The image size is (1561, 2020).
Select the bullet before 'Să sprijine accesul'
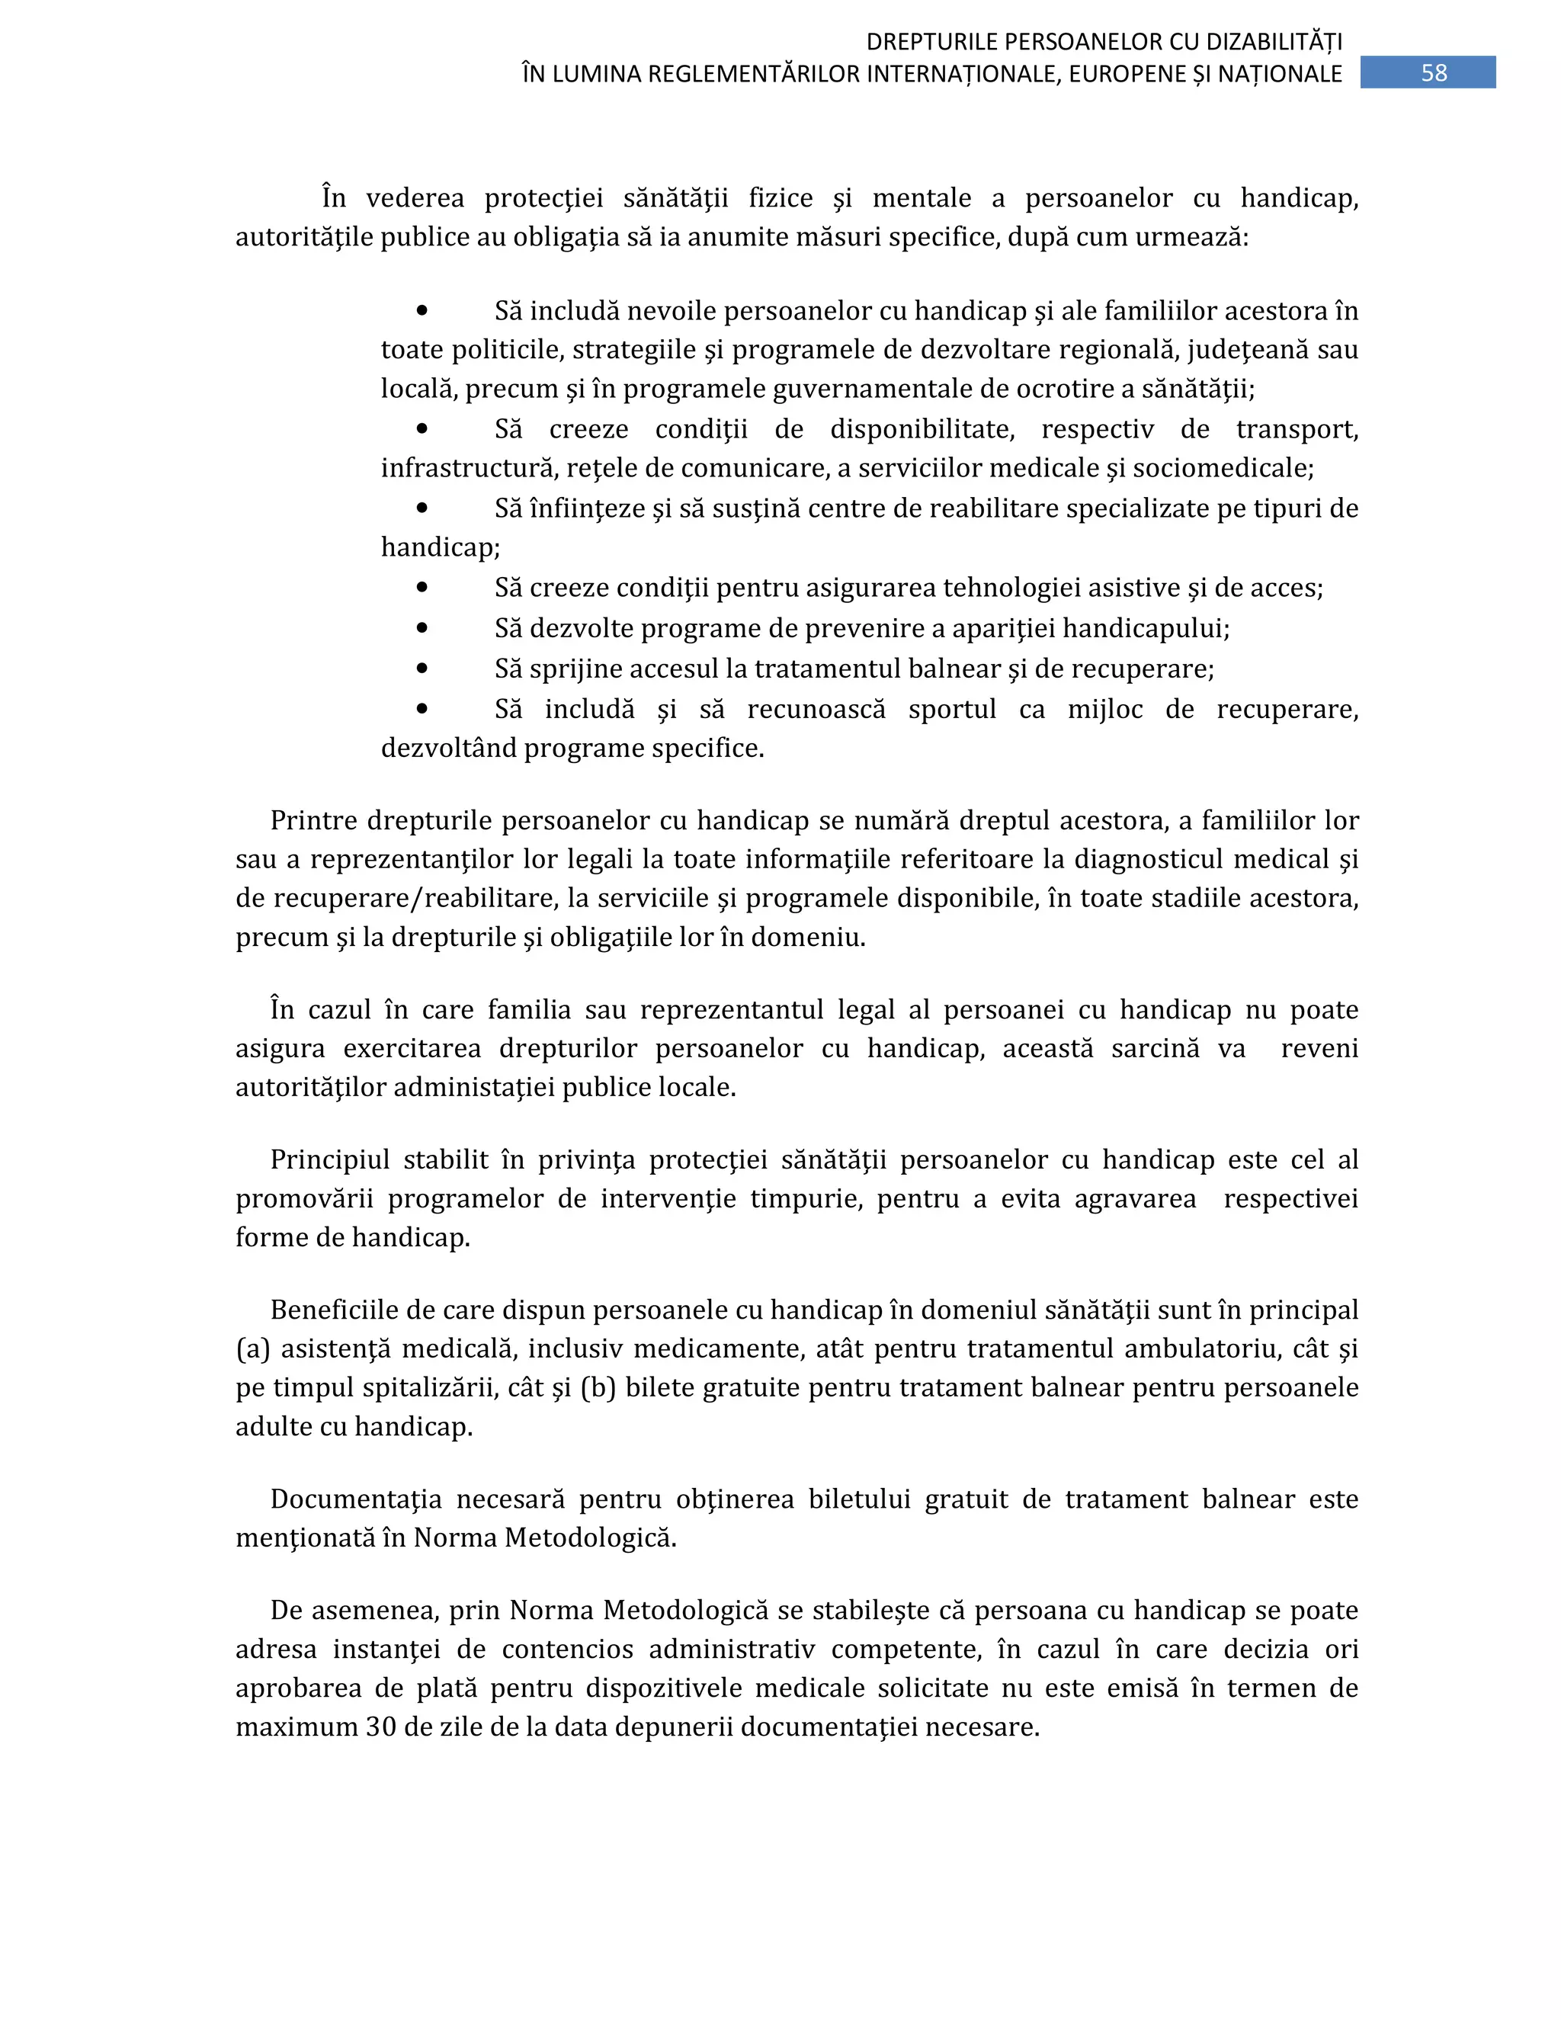pyautogui.click(x=422, y=668)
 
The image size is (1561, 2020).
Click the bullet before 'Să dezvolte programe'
pyautogui.click(x=422, y=627)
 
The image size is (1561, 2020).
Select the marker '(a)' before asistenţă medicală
pyautogui.click(x=252, y=1349)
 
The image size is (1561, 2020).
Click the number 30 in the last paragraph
pyautogui.click(x=380, y=1727)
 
